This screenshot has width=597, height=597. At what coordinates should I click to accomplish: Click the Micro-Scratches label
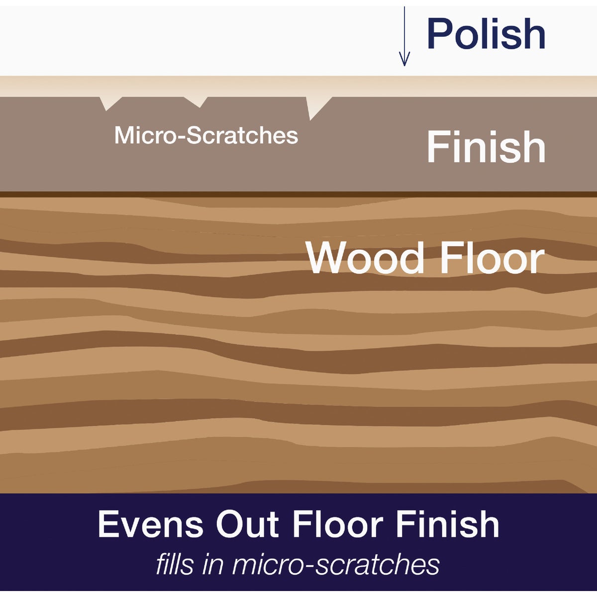(x=206, y=135)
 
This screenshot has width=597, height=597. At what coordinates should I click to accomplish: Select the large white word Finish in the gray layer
(x=486, y=147)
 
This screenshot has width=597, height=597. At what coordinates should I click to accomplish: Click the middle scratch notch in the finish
(x=198, y=101)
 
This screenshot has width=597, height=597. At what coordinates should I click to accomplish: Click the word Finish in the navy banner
(x=448, y=524)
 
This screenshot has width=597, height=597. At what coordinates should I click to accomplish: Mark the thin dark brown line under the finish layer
(x=298, y=194)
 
